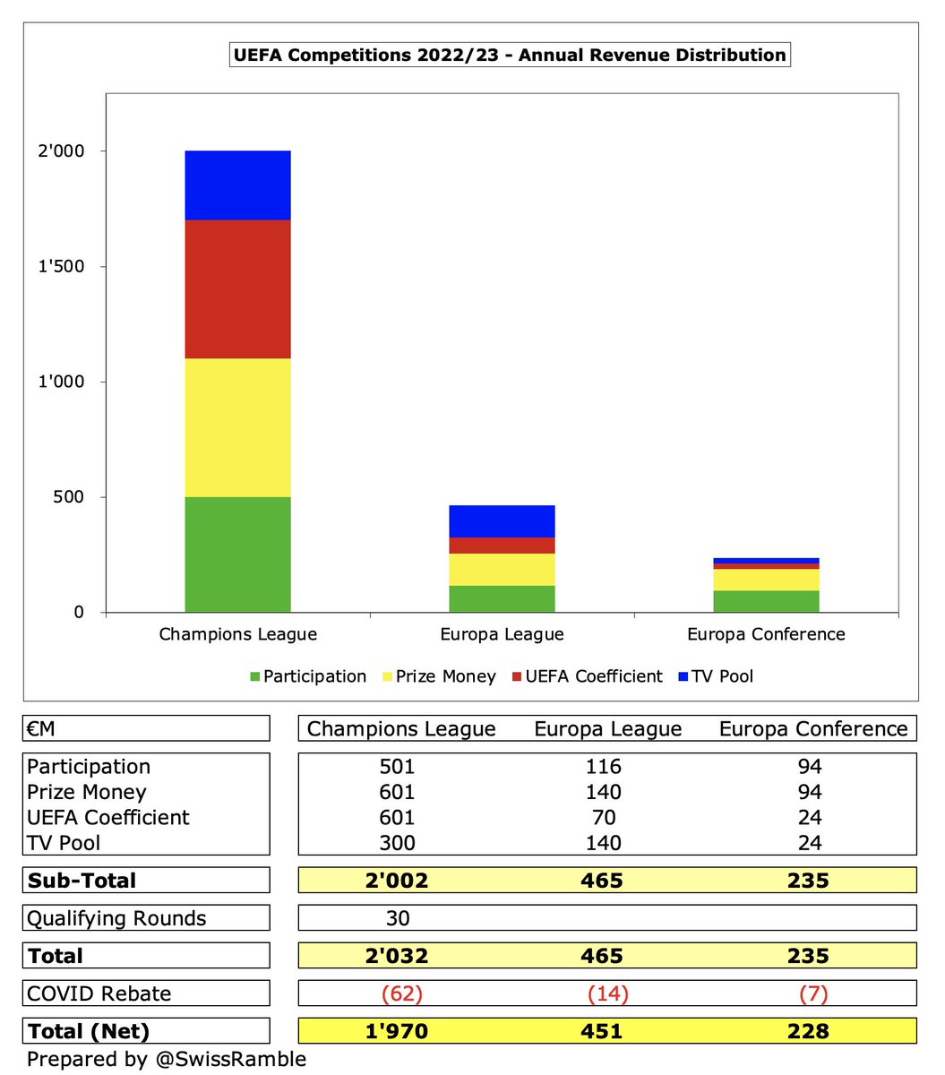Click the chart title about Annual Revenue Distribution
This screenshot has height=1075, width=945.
pos(510,55)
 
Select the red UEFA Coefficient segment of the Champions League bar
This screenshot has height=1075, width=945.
pos(237,288)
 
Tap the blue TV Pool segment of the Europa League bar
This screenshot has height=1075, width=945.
pos(502,521)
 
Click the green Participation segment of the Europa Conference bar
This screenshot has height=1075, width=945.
pos(766,601)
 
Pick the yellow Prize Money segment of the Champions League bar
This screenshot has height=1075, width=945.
pos(237,427)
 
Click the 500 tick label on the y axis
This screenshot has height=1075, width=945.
pos(68,497)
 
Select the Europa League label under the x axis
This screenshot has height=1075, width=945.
pos(502,634)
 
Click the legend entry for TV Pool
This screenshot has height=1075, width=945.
pos(716,676)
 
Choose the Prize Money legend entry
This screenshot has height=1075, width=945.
pos(439,676)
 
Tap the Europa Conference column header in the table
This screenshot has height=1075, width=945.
pos(813,728)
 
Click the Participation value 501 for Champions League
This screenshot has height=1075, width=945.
pos(397,766)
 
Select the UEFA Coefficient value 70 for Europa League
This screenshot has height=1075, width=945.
pos(604,817)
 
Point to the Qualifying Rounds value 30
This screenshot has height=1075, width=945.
pos(398,918)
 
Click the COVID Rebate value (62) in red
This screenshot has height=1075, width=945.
pos(402,993)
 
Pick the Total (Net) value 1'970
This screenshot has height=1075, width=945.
pos(397,1031)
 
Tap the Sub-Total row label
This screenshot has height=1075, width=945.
pos(82,881)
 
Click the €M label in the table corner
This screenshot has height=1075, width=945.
pos(41,728)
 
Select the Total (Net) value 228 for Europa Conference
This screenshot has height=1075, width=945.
pos(808,1031)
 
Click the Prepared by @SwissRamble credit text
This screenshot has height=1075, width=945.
pos(167,1059)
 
